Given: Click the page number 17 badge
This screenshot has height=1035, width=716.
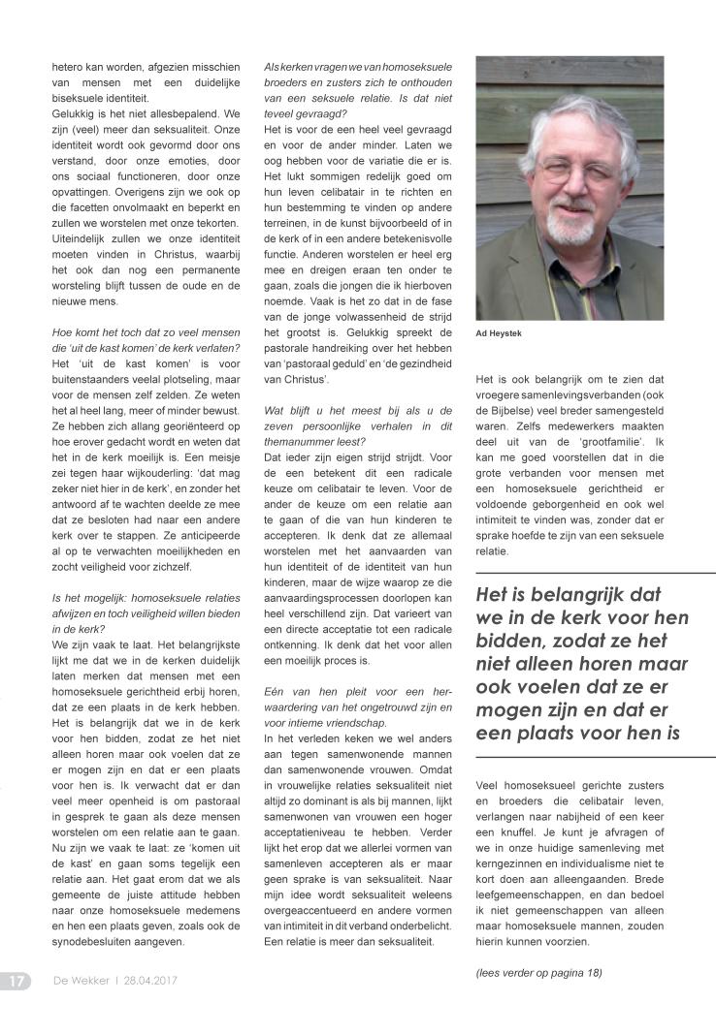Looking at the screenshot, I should (16, 981).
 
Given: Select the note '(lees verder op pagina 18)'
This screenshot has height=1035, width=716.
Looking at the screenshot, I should (538, 972).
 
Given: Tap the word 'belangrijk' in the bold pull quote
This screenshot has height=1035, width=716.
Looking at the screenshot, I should (573, 595).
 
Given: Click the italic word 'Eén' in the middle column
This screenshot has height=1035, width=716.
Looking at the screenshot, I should (276, 691).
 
